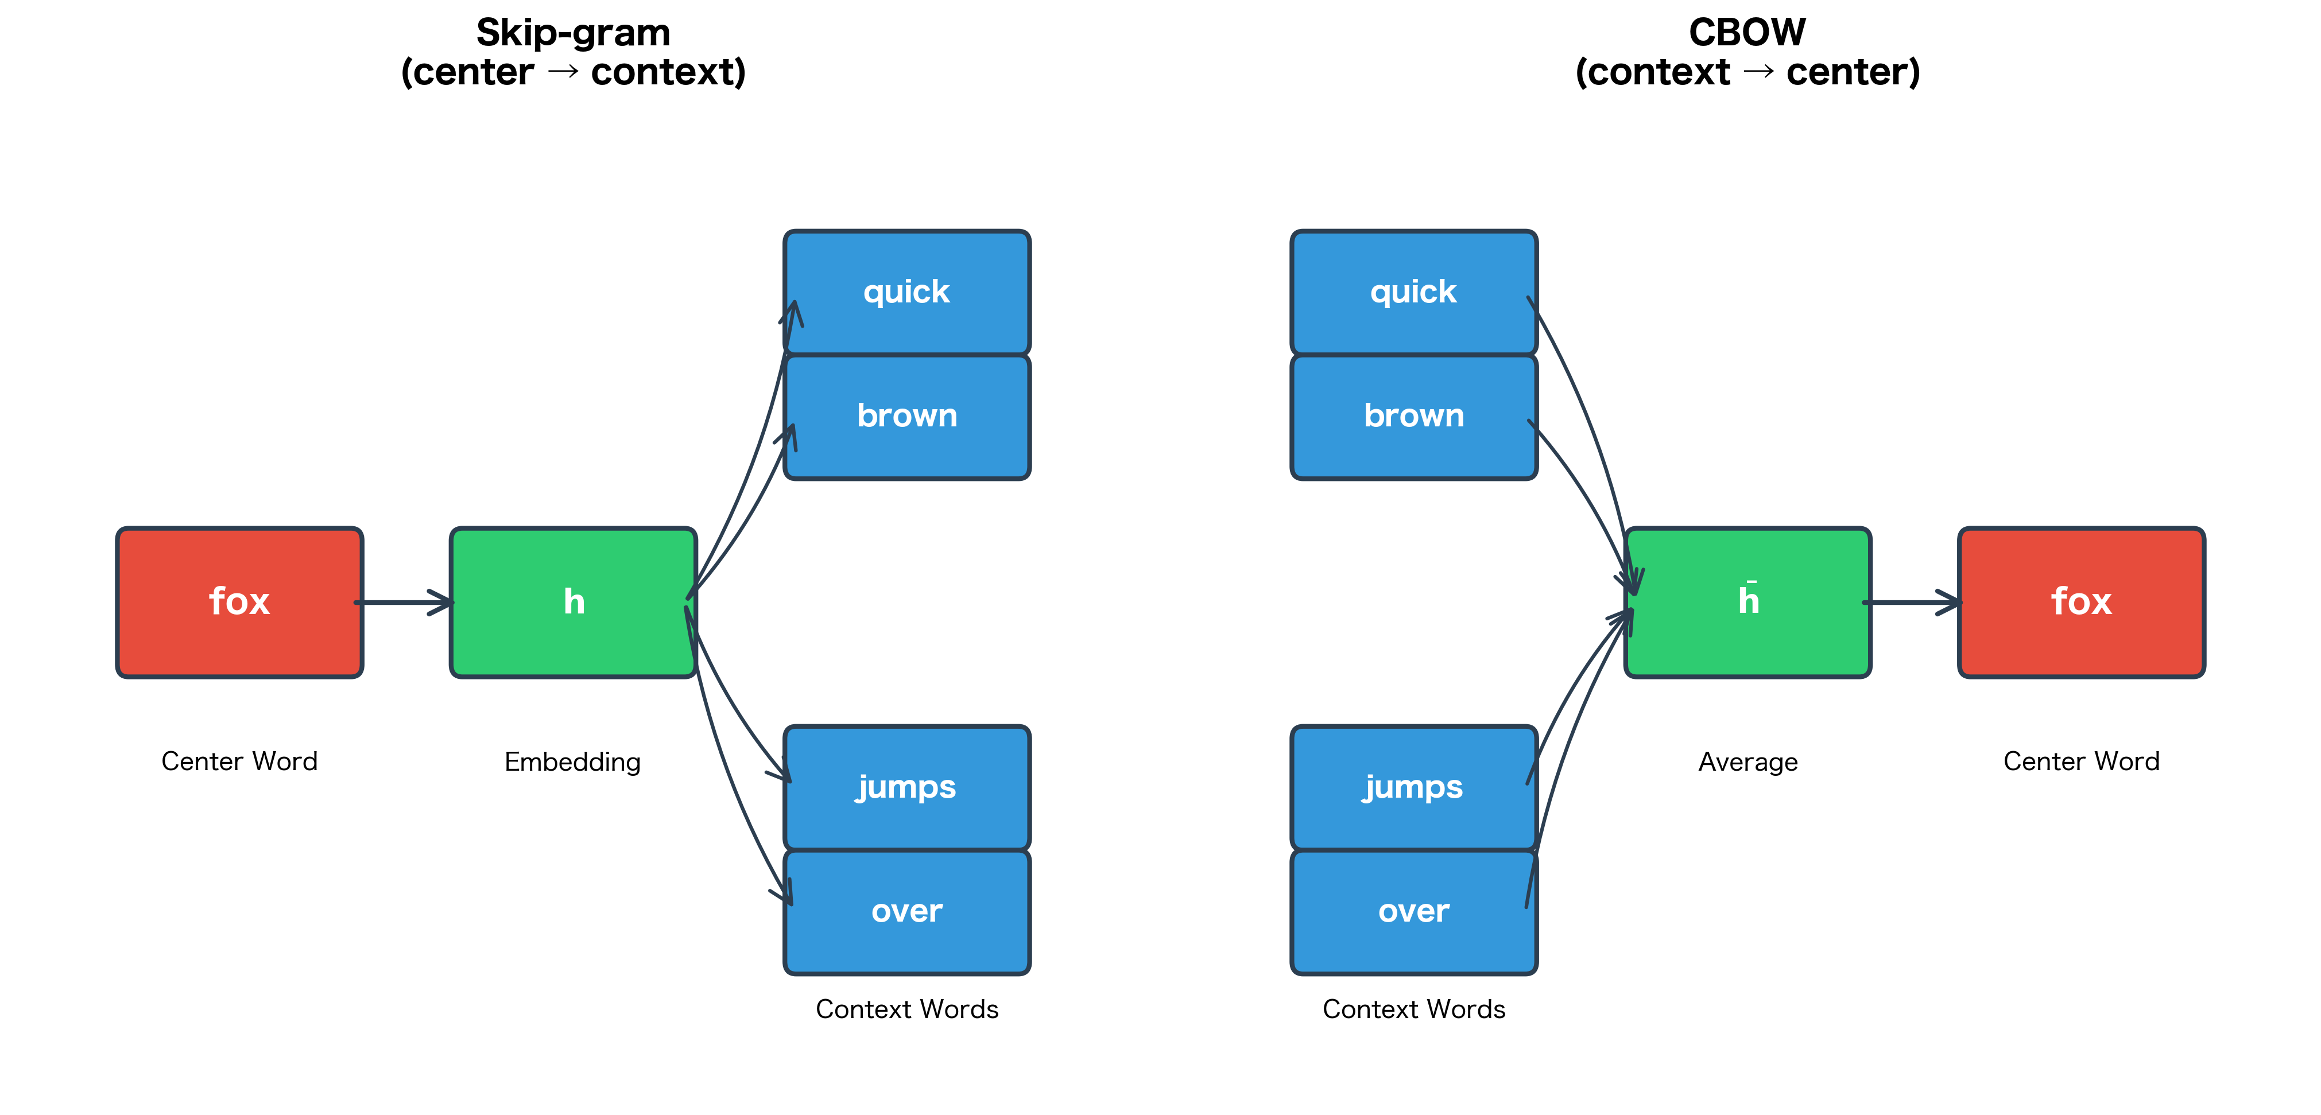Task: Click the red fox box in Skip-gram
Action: point(239,601)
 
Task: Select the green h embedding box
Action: point(573,601)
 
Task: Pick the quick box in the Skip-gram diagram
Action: point(906,292)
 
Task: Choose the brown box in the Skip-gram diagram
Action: point(906,416)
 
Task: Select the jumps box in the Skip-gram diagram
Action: point(906,787)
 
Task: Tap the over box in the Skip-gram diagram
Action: point(906,911)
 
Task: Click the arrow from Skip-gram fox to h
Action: point(405,601)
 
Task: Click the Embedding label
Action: point(572,762)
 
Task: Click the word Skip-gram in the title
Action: point(573,33)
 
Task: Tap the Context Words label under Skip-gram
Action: point(906,1009)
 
